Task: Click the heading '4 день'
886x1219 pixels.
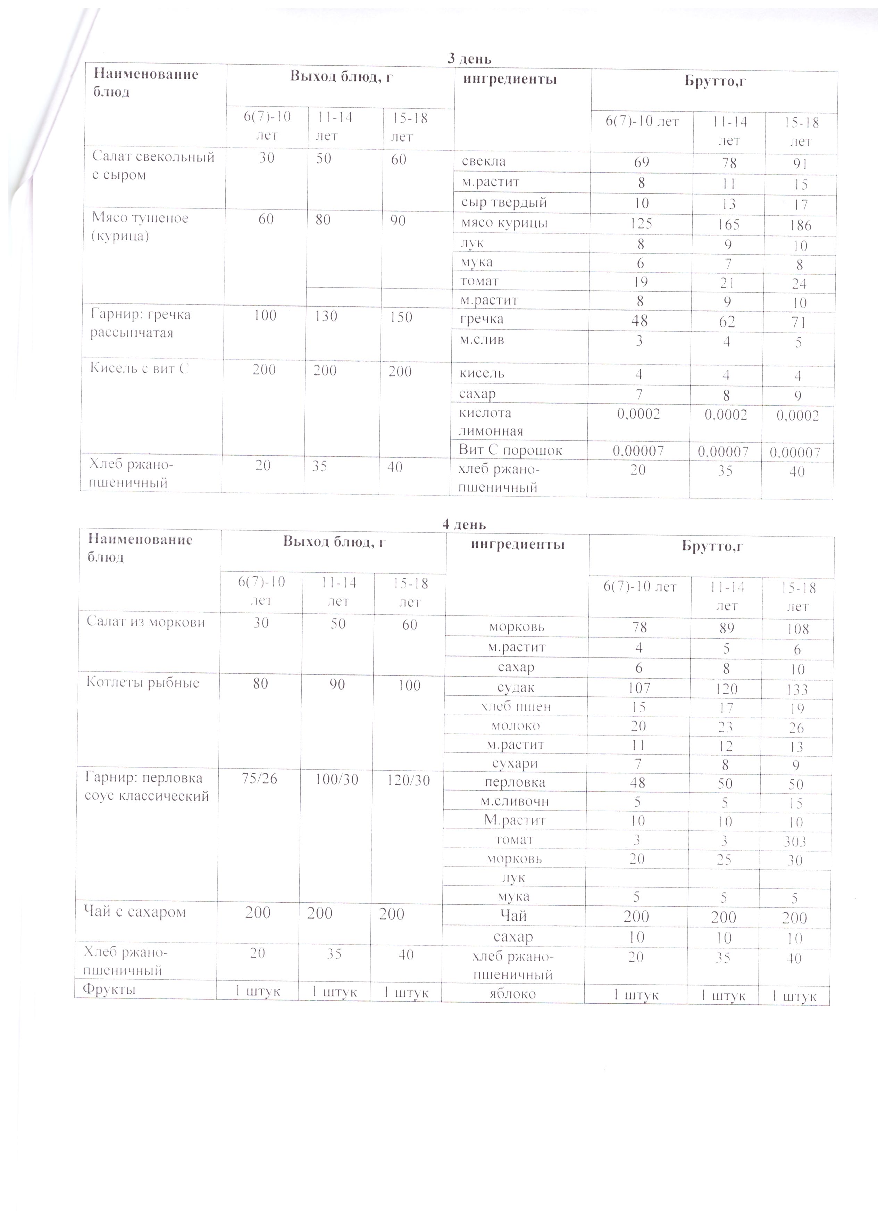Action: click(x=464, y=524)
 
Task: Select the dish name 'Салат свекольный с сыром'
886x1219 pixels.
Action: click(x=153, y=166)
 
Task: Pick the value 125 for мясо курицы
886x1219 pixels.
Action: click(x=641, y=223)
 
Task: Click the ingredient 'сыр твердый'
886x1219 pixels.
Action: click(x=504, y=202)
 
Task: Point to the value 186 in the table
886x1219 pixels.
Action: click(x=800, y=225)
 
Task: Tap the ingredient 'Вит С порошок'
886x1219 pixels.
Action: click(x=510, y=450)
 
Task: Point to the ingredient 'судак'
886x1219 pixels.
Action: click(x=516, y=687)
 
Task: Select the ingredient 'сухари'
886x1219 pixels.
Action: click(x=515, y=763)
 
